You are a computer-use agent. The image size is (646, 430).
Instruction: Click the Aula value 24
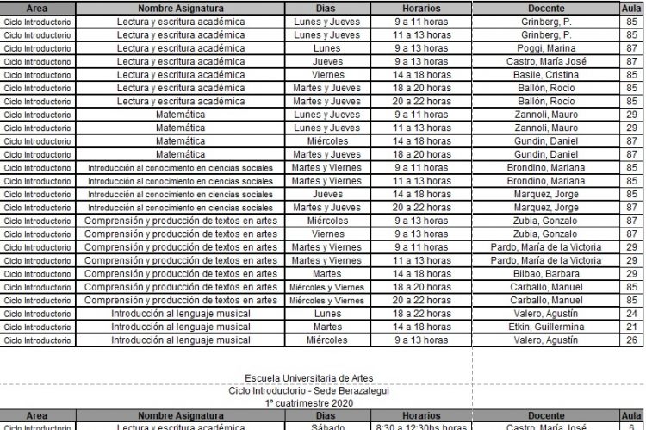tap(632, 314)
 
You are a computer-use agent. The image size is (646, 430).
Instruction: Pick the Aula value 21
tap(632, 327)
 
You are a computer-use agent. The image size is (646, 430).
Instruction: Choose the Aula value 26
tap(632, 340)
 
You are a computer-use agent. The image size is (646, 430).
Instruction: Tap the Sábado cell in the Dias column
tap(327, 427)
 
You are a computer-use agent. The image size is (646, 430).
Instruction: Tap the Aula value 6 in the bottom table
tap(632, 427)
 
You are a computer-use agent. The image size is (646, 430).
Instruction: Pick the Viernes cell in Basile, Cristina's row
tap(327, 75)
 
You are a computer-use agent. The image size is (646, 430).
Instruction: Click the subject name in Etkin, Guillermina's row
tap(180, 327)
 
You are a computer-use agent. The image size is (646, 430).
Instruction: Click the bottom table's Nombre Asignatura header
tap(180, 415)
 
